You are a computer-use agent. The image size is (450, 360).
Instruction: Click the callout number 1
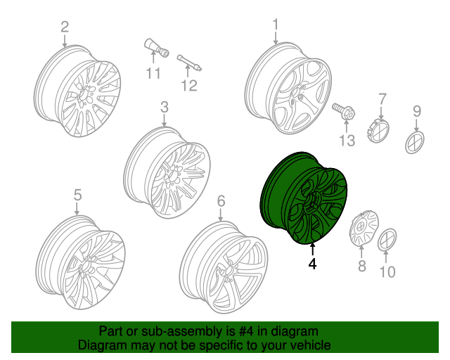click(x=276, y=25)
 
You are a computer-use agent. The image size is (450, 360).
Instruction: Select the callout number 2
click(x=65, y=27)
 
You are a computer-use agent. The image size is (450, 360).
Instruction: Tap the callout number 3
click(x=164, y=108)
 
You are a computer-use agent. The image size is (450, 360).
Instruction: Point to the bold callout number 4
click(x=312, y=264)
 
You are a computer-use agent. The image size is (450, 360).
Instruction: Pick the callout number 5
click(x=77, y=195)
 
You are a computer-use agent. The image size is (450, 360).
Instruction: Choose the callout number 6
click(x=221, y=202)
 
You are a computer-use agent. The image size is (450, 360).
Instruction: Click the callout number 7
click(x=382, y=98)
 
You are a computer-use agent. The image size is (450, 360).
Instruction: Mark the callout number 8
click(x=362, y=266)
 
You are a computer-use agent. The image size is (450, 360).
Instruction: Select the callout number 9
click(x=416, y=110)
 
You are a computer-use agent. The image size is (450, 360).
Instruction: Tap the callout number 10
click(x=387, y=271)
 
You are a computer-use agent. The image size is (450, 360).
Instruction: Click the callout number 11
click(x=153, y=73)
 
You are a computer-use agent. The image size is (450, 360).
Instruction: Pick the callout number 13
click(x=347, y=141)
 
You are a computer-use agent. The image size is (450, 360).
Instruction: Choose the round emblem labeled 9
click(x=416, y=141)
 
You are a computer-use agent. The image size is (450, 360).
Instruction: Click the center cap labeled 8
click(x=361, y=229)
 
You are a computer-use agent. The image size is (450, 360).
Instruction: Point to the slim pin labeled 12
click(x=189, y=62)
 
